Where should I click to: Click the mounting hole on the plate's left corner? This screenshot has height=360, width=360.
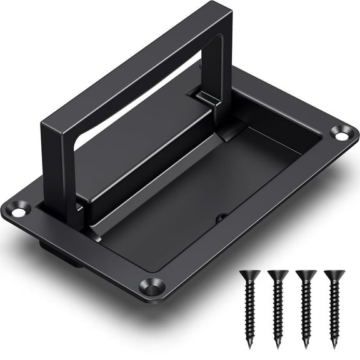(x=18, y=212)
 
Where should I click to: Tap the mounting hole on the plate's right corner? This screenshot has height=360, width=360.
(x=341, y=133)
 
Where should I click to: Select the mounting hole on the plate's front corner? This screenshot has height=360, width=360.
(x=151, y=288)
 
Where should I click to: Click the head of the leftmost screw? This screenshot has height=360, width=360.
(x=250, y=274)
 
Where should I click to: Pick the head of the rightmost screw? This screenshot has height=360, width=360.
(x=334, y=274)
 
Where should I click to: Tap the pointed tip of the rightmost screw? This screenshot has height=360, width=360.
(x=334, y=346)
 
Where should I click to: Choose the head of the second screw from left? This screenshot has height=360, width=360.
(x=278, y=274)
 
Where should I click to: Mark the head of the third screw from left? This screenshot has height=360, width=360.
(x=306, y=274)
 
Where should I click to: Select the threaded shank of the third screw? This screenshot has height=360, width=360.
(x=306, y=309)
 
